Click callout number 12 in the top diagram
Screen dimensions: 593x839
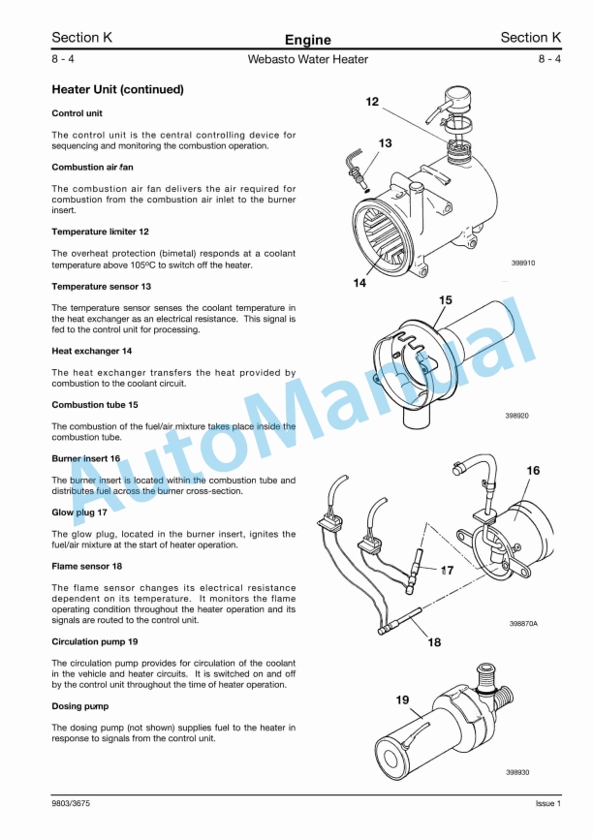(x=372, y=102)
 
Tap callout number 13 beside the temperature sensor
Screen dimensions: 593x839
(x=385, y=143)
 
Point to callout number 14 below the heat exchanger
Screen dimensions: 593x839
(x=359, y=283)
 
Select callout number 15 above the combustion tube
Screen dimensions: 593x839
(x=446, y=300)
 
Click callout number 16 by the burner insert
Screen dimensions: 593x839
(x=533, y=470)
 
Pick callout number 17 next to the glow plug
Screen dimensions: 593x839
(x=447, y=571)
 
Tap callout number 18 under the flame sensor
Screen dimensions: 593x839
(x=434, y=642)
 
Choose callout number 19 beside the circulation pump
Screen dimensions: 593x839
(x=402, y=699)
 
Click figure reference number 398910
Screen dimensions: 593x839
(x=523, y=264)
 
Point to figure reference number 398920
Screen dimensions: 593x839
(x=517, y=416)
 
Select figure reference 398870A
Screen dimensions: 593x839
(x=523, y=623)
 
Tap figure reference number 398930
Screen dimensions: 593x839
(x=517, y=772)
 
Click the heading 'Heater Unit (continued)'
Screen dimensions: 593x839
(x=118, y=89)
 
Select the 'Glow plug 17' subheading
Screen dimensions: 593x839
(x=79, y=513)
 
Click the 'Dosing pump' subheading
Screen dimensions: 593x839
(x=80, y=706)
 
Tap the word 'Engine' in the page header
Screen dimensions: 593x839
(x=308, y=40)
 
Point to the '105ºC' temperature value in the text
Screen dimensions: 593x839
(x=142, y=264)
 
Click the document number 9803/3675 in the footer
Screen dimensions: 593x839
(x=71, y=804)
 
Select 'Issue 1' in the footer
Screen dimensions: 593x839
(x=548, y=804)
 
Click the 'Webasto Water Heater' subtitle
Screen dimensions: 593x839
(x=308, y=59)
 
